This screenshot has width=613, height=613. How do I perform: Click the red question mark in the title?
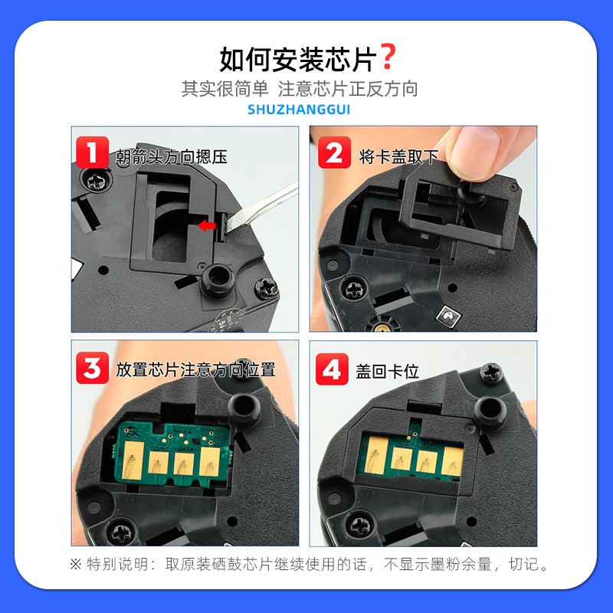(388, 57)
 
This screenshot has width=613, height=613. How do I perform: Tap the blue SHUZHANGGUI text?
(299, 110)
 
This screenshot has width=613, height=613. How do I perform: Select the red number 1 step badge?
(93, 152)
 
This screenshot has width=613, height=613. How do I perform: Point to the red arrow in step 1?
(205, 225)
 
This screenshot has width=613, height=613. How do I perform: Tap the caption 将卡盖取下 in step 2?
(398, 157)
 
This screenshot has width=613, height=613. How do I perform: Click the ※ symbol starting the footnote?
(75, 565)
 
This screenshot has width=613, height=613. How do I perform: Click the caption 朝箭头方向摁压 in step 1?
(172, 157)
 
